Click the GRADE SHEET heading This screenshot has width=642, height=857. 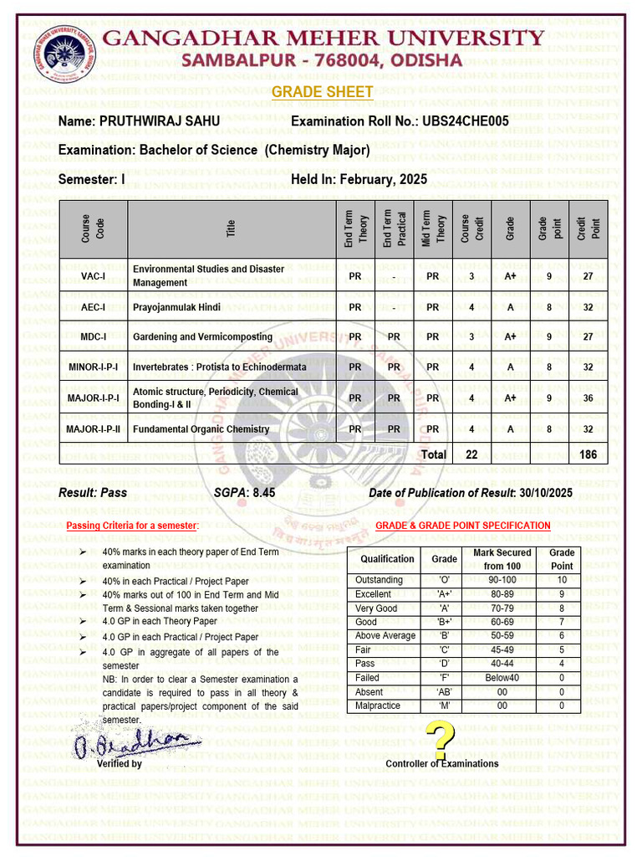(x=323, y=92)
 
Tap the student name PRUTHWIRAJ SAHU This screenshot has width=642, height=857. (x=160, y=121)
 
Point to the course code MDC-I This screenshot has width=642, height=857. (x=93, y=337)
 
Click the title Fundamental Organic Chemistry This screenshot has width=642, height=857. (x=201, y=429)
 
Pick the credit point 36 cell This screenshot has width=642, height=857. (x=588, y=398)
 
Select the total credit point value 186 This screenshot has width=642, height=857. (x=588, y=454)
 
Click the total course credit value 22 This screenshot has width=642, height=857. (x=471, y=454)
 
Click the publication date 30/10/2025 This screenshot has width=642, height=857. (x=545, y=493)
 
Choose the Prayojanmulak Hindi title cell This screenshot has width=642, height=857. (x=176, y=307)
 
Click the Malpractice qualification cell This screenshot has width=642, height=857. (x=378, y=706)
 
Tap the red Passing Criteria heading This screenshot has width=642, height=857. (x=132, y=526)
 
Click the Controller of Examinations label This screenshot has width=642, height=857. (x=441, y=763)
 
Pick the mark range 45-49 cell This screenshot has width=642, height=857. (x=502, y=649)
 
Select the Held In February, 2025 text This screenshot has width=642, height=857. (x=359, y=179)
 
